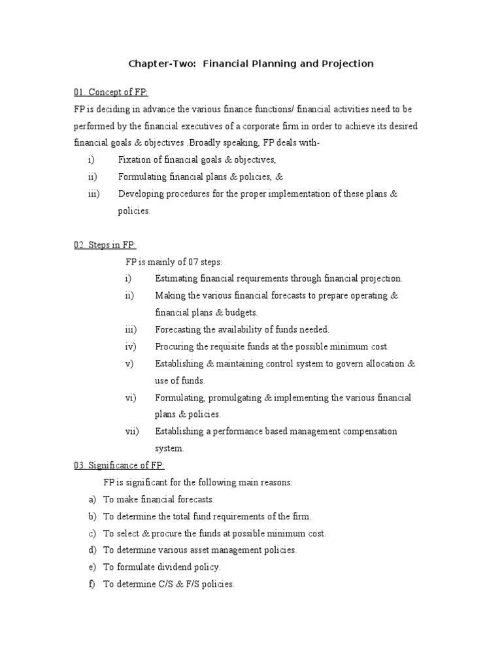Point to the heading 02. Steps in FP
coord(105,245)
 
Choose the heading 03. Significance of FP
coord(119,465)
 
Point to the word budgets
coord(241,313)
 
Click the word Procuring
coord(175,347)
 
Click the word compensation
coord(369,432)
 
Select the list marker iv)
coord(130,347)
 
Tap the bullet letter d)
coord(92,551)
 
